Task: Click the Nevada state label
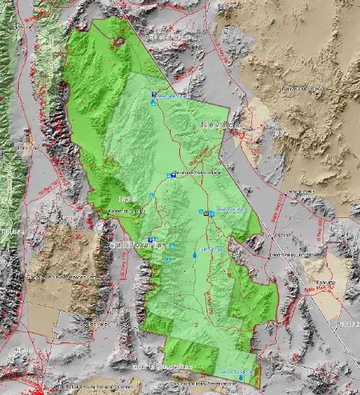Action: tap(220, 125)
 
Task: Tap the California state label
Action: tap(135, 245)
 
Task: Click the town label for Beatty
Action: tap(248, 130)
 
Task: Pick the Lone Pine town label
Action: tap(27, 148)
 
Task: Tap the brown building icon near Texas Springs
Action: tap(207, 214)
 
